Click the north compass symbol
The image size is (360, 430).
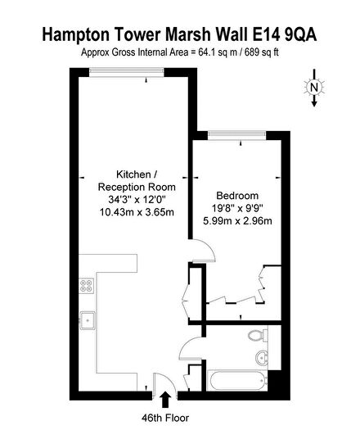tap(314, 88)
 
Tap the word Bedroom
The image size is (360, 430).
tap(237, 196)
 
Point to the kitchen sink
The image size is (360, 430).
tap(86, 319)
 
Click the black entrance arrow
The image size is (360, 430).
tap(168, 399)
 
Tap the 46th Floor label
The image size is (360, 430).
tap(168, 417)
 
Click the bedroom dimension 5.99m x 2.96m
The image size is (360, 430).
tap(237, 222)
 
